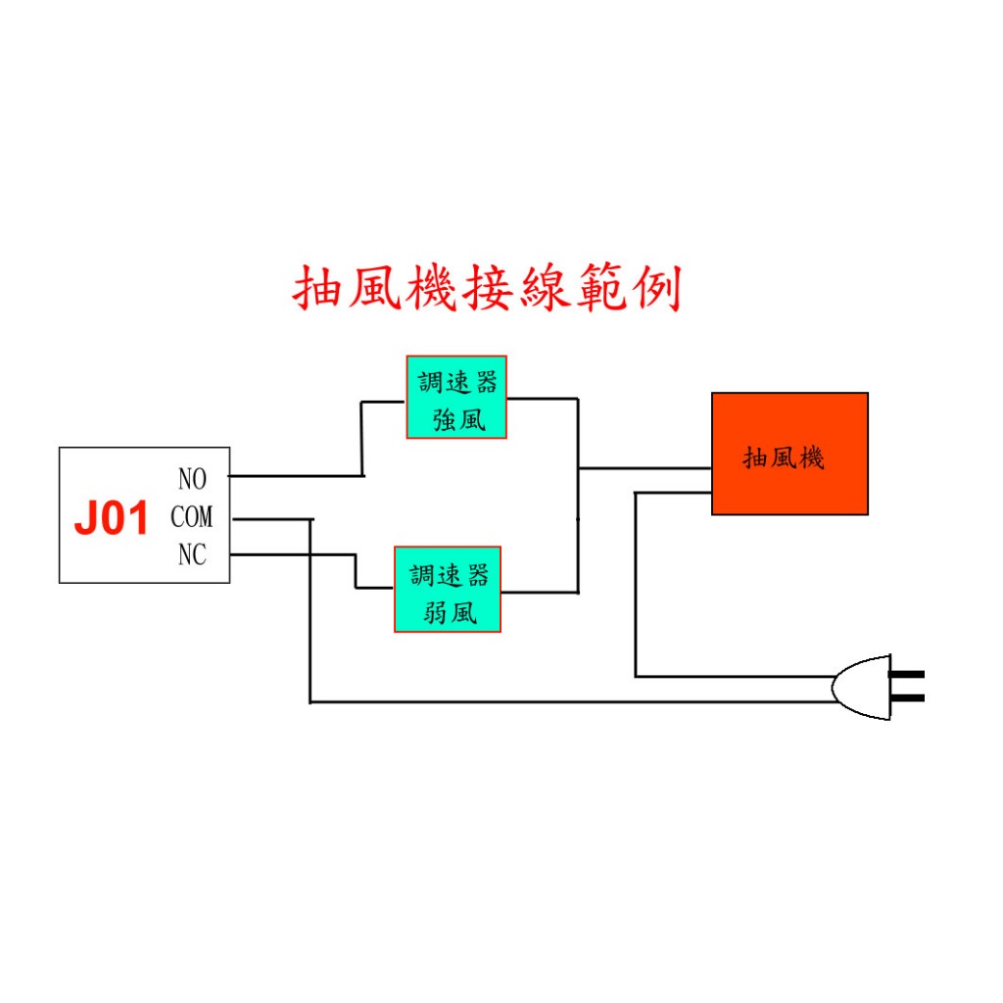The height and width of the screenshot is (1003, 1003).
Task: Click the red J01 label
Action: (x=112, y=517)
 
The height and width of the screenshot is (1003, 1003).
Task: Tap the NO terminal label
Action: (x=192, y=479)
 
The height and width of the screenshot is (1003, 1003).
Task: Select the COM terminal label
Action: (x=191, y=517)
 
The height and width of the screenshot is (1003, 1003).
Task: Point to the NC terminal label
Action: (x=192, y=554)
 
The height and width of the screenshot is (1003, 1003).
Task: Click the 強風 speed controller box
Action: (x=456, y=398)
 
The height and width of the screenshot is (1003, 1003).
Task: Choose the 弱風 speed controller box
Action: (x=448, y=589)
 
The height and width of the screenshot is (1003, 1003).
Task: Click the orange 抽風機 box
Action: (x=790, y=454)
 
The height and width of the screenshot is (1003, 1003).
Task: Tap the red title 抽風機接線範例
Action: (x=487, y=289)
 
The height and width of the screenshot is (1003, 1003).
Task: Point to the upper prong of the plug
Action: (x=907, y=674)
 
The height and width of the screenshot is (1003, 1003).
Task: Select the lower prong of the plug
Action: (x=907, y=697)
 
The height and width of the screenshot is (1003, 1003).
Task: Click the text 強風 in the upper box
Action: (x=459, y=420)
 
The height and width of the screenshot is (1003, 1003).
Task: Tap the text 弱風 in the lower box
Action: (x=450, y=613)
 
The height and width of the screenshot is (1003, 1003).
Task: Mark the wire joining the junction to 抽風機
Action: (x=645, y=468)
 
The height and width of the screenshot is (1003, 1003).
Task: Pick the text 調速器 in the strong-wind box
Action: (x=457, y=383)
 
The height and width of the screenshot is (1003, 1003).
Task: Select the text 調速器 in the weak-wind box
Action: (x=449, y=575)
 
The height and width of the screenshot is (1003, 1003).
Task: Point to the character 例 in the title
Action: (x=657, y=289)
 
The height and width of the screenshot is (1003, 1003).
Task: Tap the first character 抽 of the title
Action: (x=316, y=289)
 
